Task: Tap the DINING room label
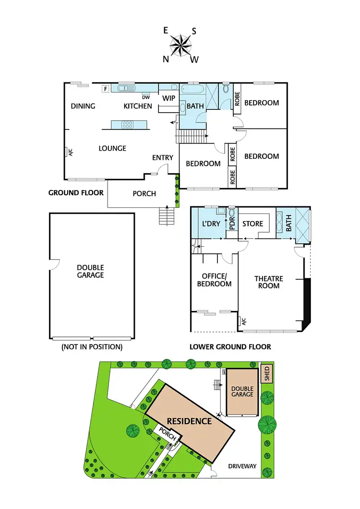pos(83,106)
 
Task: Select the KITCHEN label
pos(138,106)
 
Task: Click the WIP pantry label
pos(168,98)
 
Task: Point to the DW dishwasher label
pos(146,97)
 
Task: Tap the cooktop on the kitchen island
pos(128,125)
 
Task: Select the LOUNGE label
pos(112,148)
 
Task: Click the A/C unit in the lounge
pos(70,153)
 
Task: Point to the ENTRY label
pos(163,158)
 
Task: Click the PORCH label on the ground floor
pos(144,193)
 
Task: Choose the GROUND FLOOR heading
pos(76,193)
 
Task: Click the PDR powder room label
pos(231,224)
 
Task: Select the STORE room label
pos(252,223)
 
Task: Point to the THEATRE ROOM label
pos(269,282)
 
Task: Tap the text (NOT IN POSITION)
pos(92,346)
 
